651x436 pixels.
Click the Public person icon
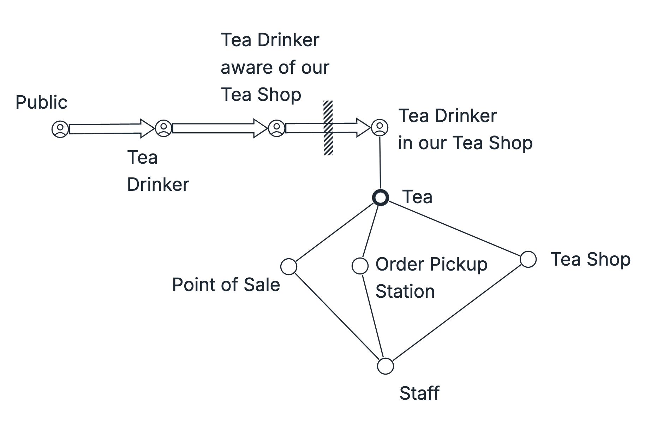[60, 129]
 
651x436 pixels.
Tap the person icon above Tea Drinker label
[163, 128]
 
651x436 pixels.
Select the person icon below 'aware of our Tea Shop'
[276, 128]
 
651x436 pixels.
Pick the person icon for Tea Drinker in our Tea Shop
[380, 127]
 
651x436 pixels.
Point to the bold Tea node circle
[381, 198]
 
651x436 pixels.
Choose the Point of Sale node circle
[289, 266]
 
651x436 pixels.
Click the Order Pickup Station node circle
[360, 266]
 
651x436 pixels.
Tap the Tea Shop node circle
[528, 259]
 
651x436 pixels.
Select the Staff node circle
[385, 366]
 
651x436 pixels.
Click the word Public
[41, 103]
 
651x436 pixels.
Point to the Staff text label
[419, 393]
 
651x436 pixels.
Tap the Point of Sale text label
[226, 285]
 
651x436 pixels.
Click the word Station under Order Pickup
[405, 292]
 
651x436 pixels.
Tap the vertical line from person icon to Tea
[380, 162]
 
